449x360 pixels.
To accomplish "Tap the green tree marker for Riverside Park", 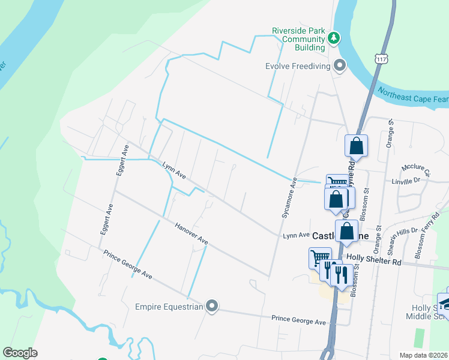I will [334, 39].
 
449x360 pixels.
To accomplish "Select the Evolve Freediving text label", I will [298, 66].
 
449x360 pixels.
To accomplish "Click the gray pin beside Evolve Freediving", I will [340, 65].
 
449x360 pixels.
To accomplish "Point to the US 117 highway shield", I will [382, 58].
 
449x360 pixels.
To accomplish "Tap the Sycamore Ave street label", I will [289, 197].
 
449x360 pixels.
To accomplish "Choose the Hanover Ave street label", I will [191, 234].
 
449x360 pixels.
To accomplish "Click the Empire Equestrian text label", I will [170, 307].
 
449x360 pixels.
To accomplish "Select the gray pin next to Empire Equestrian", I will [212, 307].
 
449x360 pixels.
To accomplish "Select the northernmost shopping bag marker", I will [356, 145].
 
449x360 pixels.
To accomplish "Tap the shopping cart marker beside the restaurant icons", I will [320, 259].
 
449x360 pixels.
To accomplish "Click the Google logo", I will [20, 353].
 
